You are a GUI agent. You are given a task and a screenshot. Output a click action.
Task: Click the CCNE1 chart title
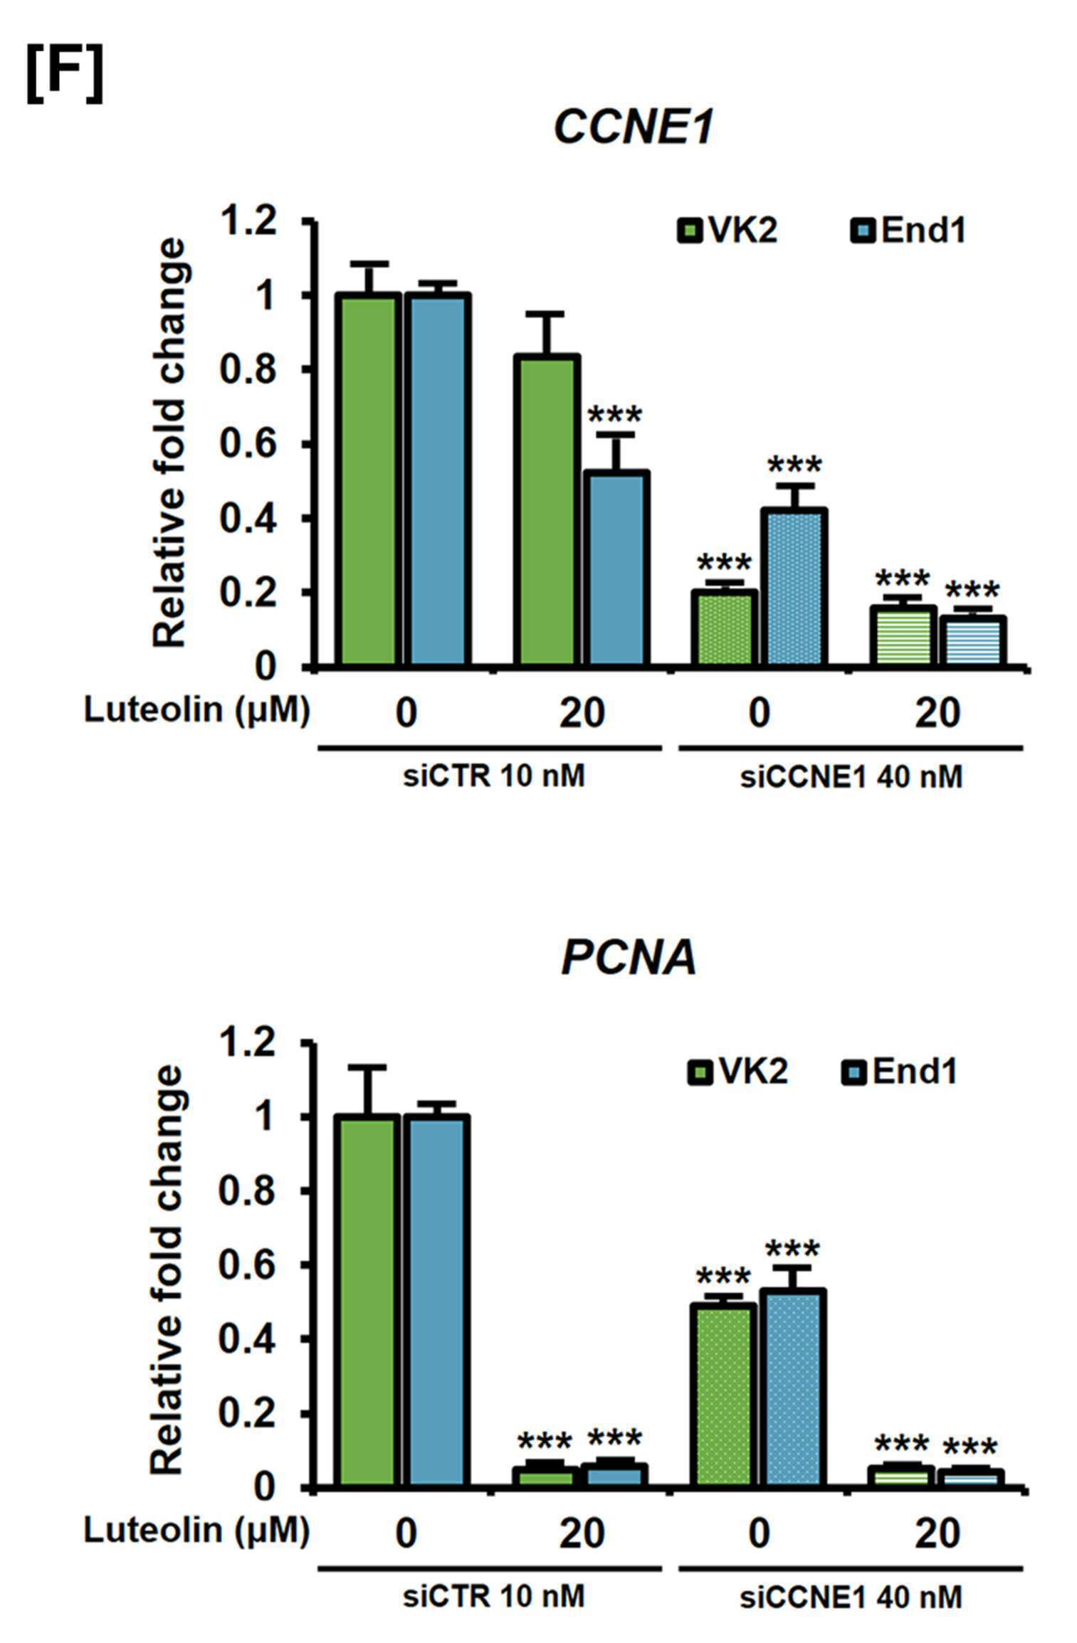[633, 128]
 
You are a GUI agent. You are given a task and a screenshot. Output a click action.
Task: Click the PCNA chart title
[629, 958]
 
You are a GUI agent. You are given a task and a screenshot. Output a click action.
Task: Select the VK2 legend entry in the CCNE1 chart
[727, 231]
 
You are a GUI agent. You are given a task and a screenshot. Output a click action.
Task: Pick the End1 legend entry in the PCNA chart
[900, 1071]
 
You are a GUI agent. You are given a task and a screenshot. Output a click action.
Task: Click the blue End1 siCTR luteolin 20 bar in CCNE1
[616, 569]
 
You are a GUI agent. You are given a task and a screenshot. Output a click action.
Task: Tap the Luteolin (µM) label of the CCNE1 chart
[197, 710]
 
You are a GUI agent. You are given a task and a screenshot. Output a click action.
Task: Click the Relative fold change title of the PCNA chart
[169, 1269]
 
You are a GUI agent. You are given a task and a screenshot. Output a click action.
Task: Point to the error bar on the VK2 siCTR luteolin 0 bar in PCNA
[367, 1091]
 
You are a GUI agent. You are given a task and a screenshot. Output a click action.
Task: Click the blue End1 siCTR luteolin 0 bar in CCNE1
[437, 480]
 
